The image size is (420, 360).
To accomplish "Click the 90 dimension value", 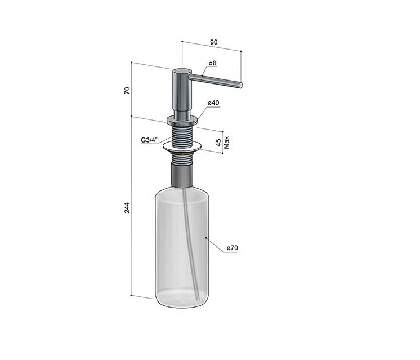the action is pos(214,42).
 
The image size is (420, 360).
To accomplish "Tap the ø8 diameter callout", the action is pos(213,63).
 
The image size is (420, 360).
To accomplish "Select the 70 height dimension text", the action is pos(127,90).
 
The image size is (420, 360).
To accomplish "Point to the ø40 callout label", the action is pos(213,103).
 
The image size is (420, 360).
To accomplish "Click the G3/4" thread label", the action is pos(149,140).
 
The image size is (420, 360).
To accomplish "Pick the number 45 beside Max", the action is pos(218,143).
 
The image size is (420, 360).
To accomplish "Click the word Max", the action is pos(226,143).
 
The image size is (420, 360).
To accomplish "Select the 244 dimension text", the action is pos(127,207).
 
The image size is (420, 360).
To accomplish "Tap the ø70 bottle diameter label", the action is pos(232,248).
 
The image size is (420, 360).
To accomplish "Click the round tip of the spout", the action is pos(240,85).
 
